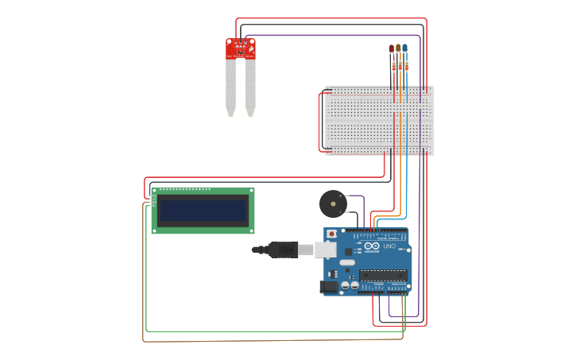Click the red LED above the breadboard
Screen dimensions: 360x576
click(x=392, y=48)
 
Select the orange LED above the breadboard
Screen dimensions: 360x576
click(x=398, y=48)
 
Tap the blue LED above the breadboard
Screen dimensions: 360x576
click(x=405, y=48)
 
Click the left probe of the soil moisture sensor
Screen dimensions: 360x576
click(x=230, y=87)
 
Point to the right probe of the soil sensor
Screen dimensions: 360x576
click(x=250, y=87)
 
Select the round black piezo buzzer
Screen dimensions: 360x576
click(x=333, y=204)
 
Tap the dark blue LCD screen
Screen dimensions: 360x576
click(x=203, y=211)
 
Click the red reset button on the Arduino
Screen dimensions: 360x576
click(x=332, y=234)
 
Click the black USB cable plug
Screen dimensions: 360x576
click(x=282, y=250)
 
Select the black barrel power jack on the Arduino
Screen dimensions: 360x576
click(x=331, y=287)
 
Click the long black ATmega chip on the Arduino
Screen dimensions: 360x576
click(x=383, y=275)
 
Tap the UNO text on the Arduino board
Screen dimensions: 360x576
click(x=389, y=246)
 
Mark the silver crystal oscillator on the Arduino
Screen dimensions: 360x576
click(x=347, y=262)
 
